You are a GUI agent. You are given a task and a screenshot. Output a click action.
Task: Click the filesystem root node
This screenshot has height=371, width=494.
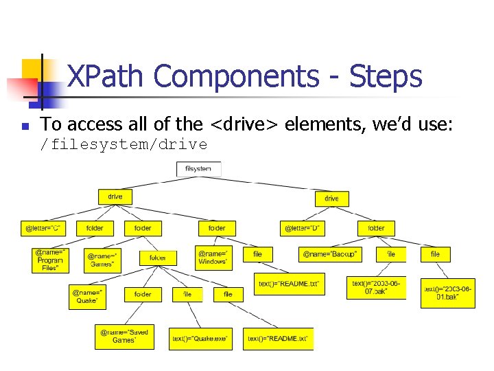(x=198, y=168)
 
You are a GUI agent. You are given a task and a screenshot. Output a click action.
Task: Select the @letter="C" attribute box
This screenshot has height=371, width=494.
(x=43, y=227)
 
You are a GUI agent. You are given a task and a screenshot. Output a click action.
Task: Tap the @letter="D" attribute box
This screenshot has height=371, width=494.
(x=303, y=227)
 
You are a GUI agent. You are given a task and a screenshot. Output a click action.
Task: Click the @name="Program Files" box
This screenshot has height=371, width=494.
(x=50, y=260)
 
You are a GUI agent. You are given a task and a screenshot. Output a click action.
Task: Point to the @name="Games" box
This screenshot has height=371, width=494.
(x=103, y=260)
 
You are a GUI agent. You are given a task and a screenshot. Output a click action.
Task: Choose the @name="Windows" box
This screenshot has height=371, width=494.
(x=213, y=258)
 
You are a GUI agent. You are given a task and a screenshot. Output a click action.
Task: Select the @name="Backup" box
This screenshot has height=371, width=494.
(x=329, y=254)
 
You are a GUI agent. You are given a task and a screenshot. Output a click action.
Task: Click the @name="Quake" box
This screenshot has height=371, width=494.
(x=87, y=296)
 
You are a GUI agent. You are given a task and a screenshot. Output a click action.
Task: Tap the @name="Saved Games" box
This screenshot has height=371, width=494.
(x=124, y=336)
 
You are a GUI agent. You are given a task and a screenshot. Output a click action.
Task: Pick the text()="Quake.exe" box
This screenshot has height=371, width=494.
(x=200, y=339)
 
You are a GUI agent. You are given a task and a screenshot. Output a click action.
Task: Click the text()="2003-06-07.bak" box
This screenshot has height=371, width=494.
(x=375, y=287)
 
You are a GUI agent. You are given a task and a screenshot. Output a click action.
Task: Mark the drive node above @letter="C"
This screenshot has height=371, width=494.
(x=115, y=196)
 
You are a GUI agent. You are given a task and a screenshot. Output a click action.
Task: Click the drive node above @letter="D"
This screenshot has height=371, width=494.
(x=331, y=198)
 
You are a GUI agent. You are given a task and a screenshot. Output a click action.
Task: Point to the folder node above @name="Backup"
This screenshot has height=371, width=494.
(x=376, y=227)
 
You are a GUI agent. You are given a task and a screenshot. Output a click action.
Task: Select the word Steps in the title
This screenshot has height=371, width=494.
(x=385, y=77)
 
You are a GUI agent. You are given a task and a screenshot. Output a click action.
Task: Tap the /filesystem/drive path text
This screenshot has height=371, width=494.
(x=123, y=144)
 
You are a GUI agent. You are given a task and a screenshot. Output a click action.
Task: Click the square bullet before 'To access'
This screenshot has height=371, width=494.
(x=24, y=126)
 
